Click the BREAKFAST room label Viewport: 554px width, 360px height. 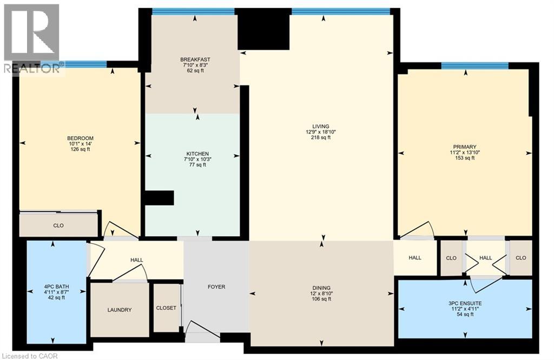point(195,59)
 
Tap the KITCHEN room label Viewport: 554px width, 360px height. point(197,154)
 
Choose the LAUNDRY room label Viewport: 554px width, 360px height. point(119,310)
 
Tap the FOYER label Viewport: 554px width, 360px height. point(216,286)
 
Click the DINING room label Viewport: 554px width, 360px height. point(321,288)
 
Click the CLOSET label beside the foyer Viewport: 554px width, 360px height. point(166,308)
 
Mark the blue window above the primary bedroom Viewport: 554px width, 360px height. point(474,66)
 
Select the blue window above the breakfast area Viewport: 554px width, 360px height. point(193,11)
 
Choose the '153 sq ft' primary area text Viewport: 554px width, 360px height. point(465,158)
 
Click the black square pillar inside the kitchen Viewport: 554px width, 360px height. point(159,198)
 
